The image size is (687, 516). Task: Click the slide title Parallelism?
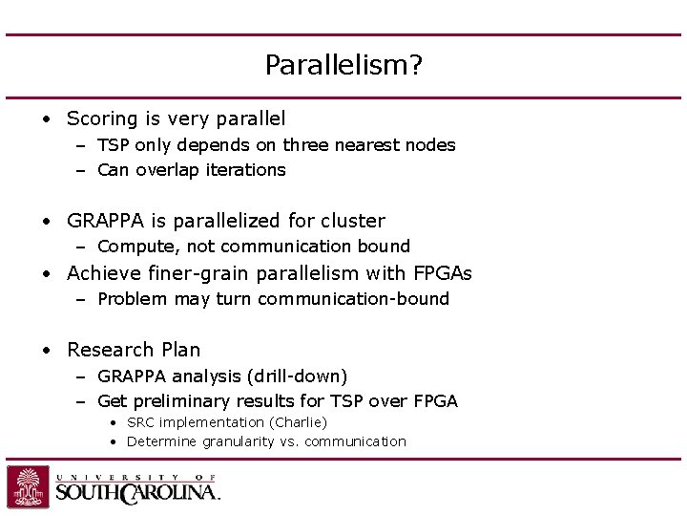343,65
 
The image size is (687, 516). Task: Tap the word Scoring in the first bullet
102,118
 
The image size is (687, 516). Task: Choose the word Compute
132,247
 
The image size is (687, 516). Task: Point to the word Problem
131,299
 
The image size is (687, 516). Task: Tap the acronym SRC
140,422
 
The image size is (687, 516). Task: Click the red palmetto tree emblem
28,486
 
